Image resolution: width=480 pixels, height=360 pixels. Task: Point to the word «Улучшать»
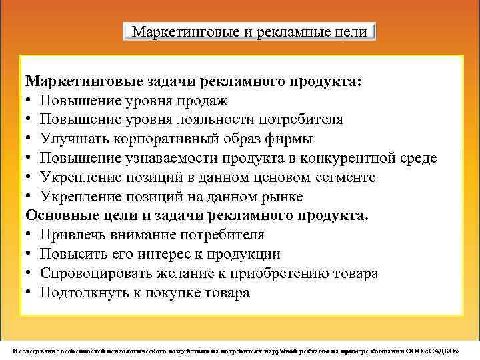point(70,139)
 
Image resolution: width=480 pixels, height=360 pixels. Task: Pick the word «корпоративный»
point(158,139)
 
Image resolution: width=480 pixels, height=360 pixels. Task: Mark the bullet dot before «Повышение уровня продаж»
point(30,101)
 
